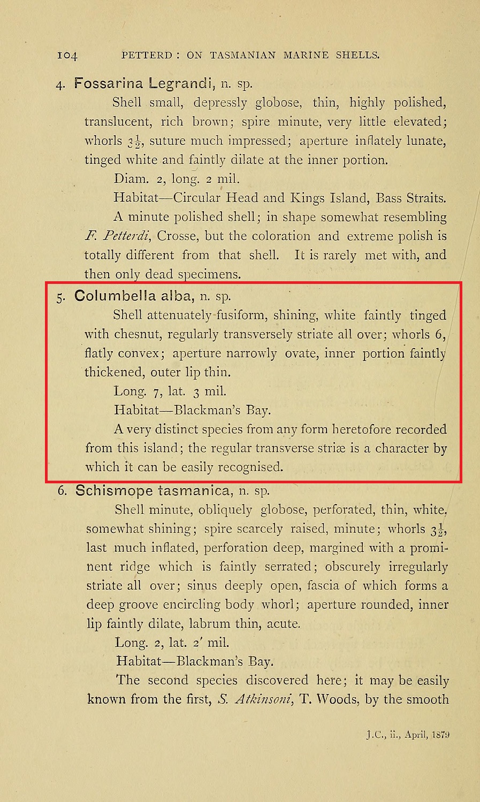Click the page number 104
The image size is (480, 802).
tap(67, 55)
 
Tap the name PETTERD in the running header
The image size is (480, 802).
tap(147, 55)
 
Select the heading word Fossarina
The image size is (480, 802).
tap(109, 83)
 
